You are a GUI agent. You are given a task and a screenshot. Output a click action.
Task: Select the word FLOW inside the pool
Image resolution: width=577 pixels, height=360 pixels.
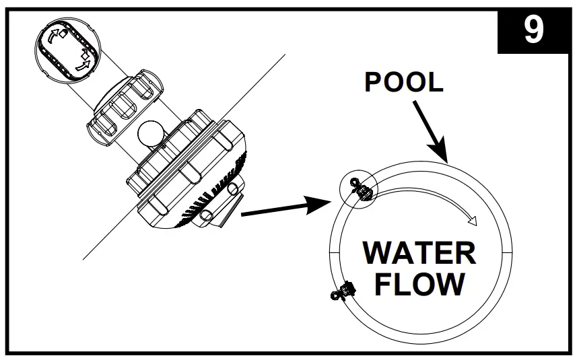point(419,284)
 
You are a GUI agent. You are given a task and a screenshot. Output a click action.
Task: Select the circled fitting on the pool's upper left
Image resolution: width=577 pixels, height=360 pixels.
point(360,190)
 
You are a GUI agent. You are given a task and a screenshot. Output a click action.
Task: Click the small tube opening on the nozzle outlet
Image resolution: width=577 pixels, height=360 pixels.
point(207,216)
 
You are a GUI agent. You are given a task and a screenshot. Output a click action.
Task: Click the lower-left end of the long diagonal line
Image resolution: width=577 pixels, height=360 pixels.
point(83,259)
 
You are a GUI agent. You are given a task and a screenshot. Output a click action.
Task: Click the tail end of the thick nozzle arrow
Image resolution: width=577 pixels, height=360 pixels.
point(242,215)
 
